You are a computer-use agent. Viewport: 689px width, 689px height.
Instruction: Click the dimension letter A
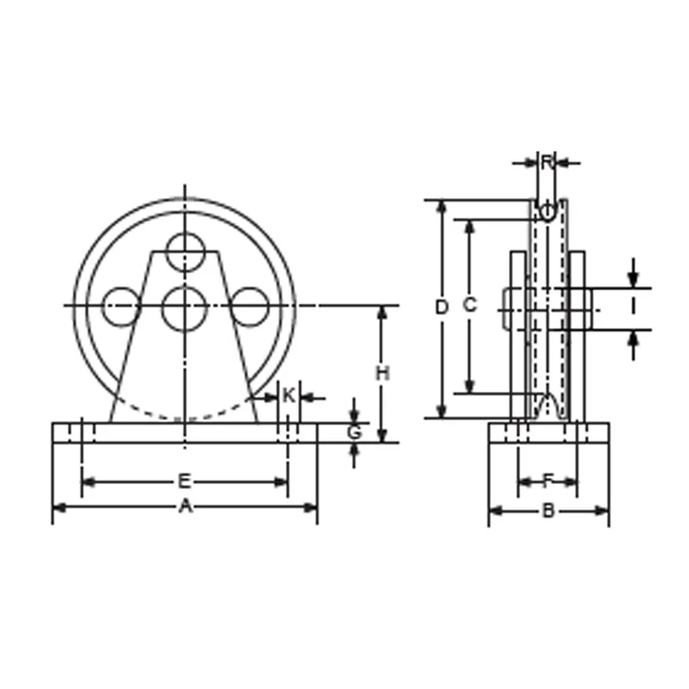[x=185, y=506]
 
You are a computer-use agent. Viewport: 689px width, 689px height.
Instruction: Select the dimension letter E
[x=184, y=481]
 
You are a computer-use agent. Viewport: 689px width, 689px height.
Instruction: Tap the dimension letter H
[x=382, y=374]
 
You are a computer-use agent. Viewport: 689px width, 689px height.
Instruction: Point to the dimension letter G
[x=354, y=432]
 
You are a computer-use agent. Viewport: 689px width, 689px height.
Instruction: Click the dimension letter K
[x=289, y=395]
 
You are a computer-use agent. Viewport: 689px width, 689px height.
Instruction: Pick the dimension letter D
[x=441, y=307]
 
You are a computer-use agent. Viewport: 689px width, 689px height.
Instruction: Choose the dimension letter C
[x=469, y=305]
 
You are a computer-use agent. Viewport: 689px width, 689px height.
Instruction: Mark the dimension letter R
[x=547, y=163]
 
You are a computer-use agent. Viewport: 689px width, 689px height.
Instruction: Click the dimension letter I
[x=633, y=307]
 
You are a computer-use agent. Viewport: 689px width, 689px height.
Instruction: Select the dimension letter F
[x=547, y=481]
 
